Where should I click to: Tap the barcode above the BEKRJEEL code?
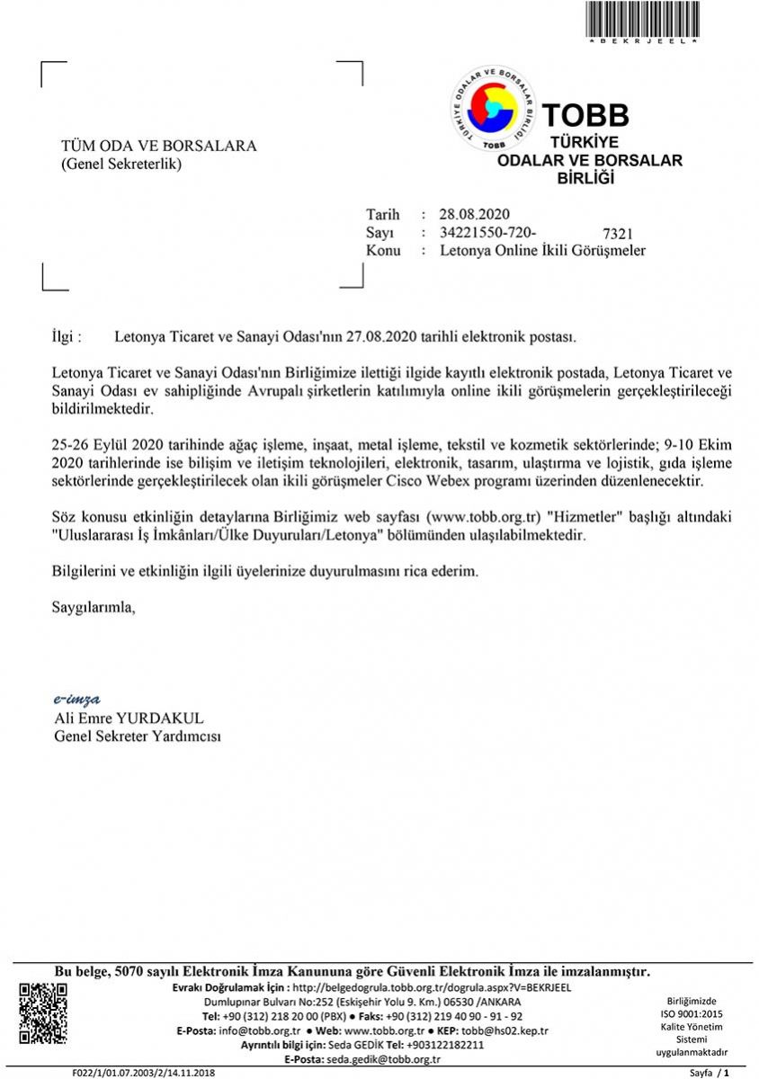(x=643, y=18)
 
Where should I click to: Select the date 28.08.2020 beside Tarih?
(x=475, y=214)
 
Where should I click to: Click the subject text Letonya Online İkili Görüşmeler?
(x=542, y=251)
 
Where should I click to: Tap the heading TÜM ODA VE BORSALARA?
(x=158, y=147)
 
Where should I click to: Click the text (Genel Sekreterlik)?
(x=121, y=164)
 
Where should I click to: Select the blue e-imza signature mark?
(x=77, y=699)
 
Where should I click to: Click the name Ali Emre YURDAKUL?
(x=129, y=718)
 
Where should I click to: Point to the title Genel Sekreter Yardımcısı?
(x=138, y=736)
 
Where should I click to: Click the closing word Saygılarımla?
(x=94, y=607)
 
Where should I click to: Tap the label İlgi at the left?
(x=67, y=337)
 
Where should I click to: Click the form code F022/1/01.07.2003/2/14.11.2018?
(x=144, y=1073)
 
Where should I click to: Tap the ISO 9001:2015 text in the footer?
(x=691, y=1013)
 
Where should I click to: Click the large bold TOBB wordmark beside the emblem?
(x=585, y=115)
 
